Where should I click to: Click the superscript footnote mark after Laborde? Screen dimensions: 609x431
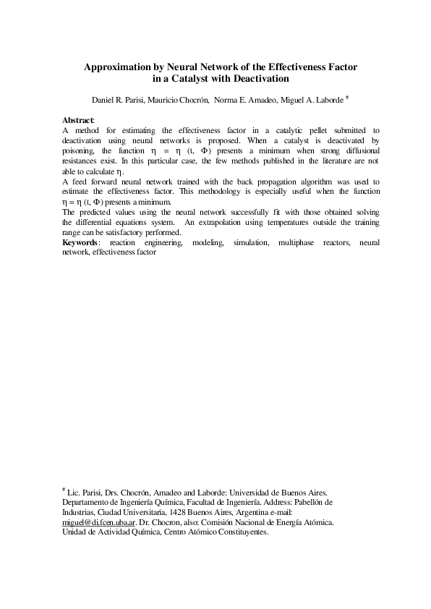tap(347, 95)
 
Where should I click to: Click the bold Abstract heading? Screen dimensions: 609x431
tap(78, 119)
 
